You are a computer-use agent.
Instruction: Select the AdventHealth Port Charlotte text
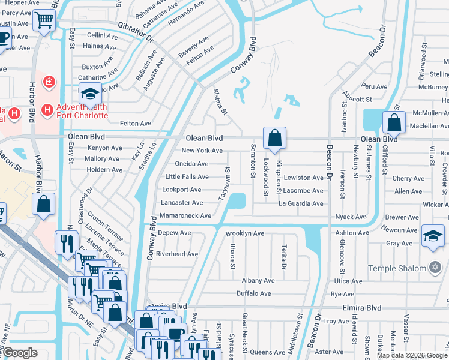tap(82, 111)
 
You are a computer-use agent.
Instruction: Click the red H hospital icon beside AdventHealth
tap(46, 110)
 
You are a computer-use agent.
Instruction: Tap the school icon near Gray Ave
tap(433, 235)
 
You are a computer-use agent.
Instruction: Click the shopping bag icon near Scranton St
tap(274, 137)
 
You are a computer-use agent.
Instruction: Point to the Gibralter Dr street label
tap(136, 35)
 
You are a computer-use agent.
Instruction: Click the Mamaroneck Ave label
tap(185, 215)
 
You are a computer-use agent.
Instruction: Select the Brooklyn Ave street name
tap(245, 233)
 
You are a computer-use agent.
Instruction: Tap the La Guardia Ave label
tap(301, 203)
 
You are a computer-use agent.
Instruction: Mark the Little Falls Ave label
tap(187, 177)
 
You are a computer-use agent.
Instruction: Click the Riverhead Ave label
tap(177, 254)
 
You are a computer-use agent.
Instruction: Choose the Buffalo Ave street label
tap(253, 293)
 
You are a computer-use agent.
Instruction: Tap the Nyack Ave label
tap(351, 217)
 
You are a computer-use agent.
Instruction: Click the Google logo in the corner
tap(20, 353)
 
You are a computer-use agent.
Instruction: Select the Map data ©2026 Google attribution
tap(412, 355)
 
